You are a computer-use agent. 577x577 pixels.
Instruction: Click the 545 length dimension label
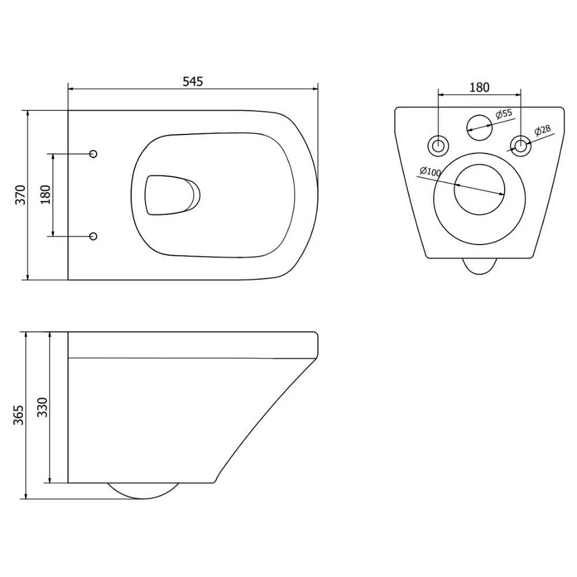point(193,81)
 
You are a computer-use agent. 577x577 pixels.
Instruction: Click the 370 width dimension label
point(20,195)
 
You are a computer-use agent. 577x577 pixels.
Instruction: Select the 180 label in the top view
point(45,195)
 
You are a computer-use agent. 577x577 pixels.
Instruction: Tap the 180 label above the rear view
point(479,88)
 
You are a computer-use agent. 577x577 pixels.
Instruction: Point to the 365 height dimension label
point(18,415)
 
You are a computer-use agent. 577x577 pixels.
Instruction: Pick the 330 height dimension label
point(43,407)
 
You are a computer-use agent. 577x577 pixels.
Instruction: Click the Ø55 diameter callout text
point(504,114)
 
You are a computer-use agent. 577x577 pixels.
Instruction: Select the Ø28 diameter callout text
point(542,130)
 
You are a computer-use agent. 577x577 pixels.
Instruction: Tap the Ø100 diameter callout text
point(430,171)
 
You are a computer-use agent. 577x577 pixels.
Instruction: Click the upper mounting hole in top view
point(93,154)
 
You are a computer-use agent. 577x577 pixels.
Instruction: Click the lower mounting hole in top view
point(93,236)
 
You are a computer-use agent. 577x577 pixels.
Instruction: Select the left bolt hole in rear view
point(439,146)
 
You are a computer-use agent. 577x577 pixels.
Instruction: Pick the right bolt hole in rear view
point(520,146)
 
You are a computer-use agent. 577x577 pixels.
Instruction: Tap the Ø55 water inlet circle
point(479,128)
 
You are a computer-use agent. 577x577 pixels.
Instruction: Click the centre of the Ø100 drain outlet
point(479,189)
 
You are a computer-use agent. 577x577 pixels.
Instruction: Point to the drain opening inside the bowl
point(172,195)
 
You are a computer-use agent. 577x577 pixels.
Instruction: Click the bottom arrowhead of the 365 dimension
point(26,496)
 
